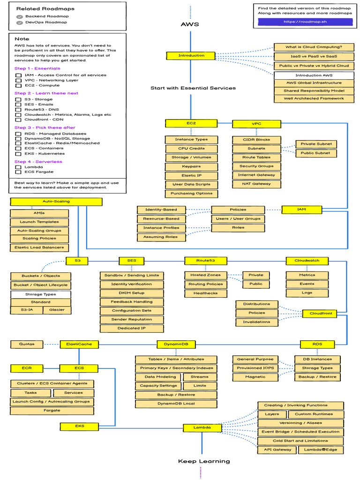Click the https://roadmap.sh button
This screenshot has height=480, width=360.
[x=305, y=22]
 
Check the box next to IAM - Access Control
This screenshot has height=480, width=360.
[x=18, y=75]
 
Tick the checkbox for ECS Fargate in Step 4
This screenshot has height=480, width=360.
[x=18, y=172]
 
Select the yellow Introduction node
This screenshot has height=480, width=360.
[x=191, y=56]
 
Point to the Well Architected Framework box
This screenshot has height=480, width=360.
[x=314, y=99]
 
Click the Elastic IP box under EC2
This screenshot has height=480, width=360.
[x=191, y=175]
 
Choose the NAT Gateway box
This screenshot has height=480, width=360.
[x=256, y=184]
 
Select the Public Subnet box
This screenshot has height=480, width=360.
[x=315, y=153]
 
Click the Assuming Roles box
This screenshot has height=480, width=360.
[x=161, y=237]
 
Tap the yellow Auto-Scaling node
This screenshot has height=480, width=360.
[x=56, y=202]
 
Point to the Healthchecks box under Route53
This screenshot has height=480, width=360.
[x=205, y=293]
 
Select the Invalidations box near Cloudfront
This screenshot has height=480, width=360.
[x=256, y=322]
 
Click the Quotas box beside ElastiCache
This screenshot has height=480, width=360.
[x=27, y=344]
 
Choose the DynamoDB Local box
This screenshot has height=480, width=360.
[x=176, y=404]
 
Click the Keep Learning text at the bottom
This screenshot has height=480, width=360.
[x=204, y=461]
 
